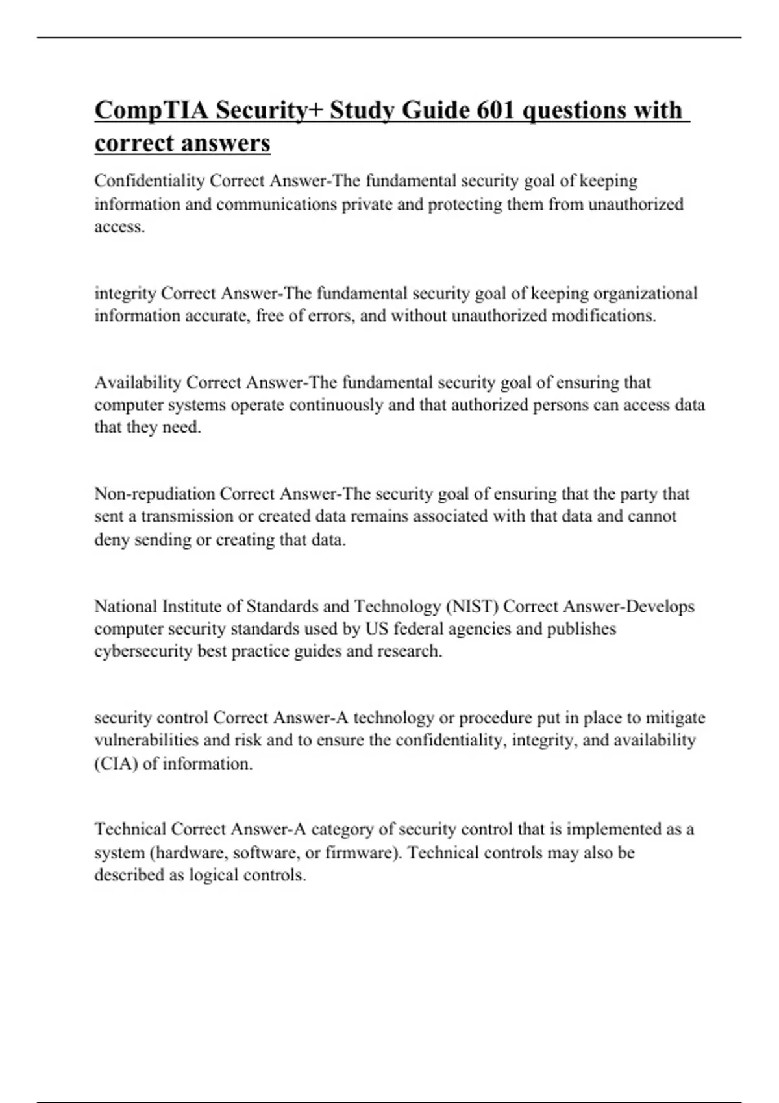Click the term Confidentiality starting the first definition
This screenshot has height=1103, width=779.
[149, 180]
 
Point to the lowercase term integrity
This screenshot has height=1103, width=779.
[125, 293]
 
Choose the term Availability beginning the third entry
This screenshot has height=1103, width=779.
[138, 382]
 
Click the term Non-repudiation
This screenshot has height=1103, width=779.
[155, 494]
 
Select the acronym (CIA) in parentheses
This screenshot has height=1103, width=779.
[116, 763]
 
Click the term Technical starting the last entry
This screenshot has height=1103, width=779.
[130, 829]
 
